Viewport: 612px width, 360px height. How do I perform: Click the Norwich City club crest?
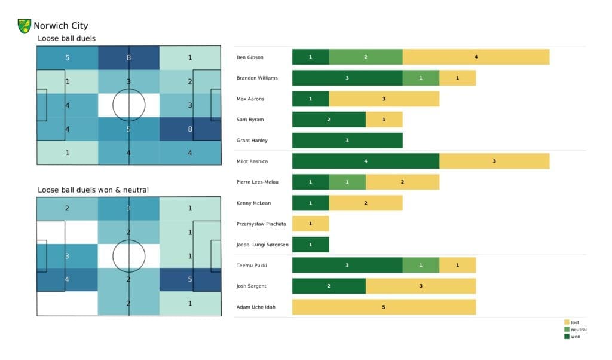[x=25, y=26]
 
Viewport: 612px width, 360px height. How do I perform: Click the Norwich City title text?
[x=60, y=26]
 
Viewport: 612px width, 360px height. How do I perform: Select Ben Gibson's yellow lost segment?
[x=476, y=57]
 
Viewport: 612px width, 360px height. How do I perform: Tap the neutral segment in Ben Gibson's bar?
[x=365, y=57]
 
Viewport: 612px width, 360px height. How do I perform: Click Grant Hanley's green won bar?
[x=347, y=141]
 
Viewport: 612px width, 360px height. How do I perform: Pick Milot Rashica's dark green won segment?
[x=365, y=161]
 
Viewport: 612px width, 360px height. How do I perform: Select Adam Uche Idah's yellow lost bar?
[x=384, y=307]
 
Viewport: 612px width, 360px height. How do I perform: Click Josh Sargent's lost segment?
[x=420, y=286]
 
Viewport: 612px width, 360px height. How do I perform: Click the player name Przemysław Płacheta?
[x=261, y=224]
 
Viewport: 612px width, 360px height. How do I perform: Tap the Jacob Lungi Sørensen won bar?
[x=310, y=245]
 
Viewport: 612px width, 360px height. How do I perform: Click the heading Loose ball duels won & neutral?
[x=93, y=190]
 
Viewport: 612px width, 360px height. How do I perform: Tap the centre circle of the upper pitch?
[x=128, y=105]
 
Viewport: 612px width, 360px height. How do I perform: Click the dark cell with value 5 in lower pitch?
[x=190, y=279]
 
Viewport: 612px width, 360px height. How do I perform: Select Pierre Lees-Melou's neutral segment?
[x=347, y=182]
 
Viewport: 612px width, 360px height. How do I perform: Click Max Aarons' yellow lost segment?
[x=384, y=99]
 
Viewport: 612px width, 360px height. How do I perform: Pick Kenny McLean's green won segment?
[x=310, y=203]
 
